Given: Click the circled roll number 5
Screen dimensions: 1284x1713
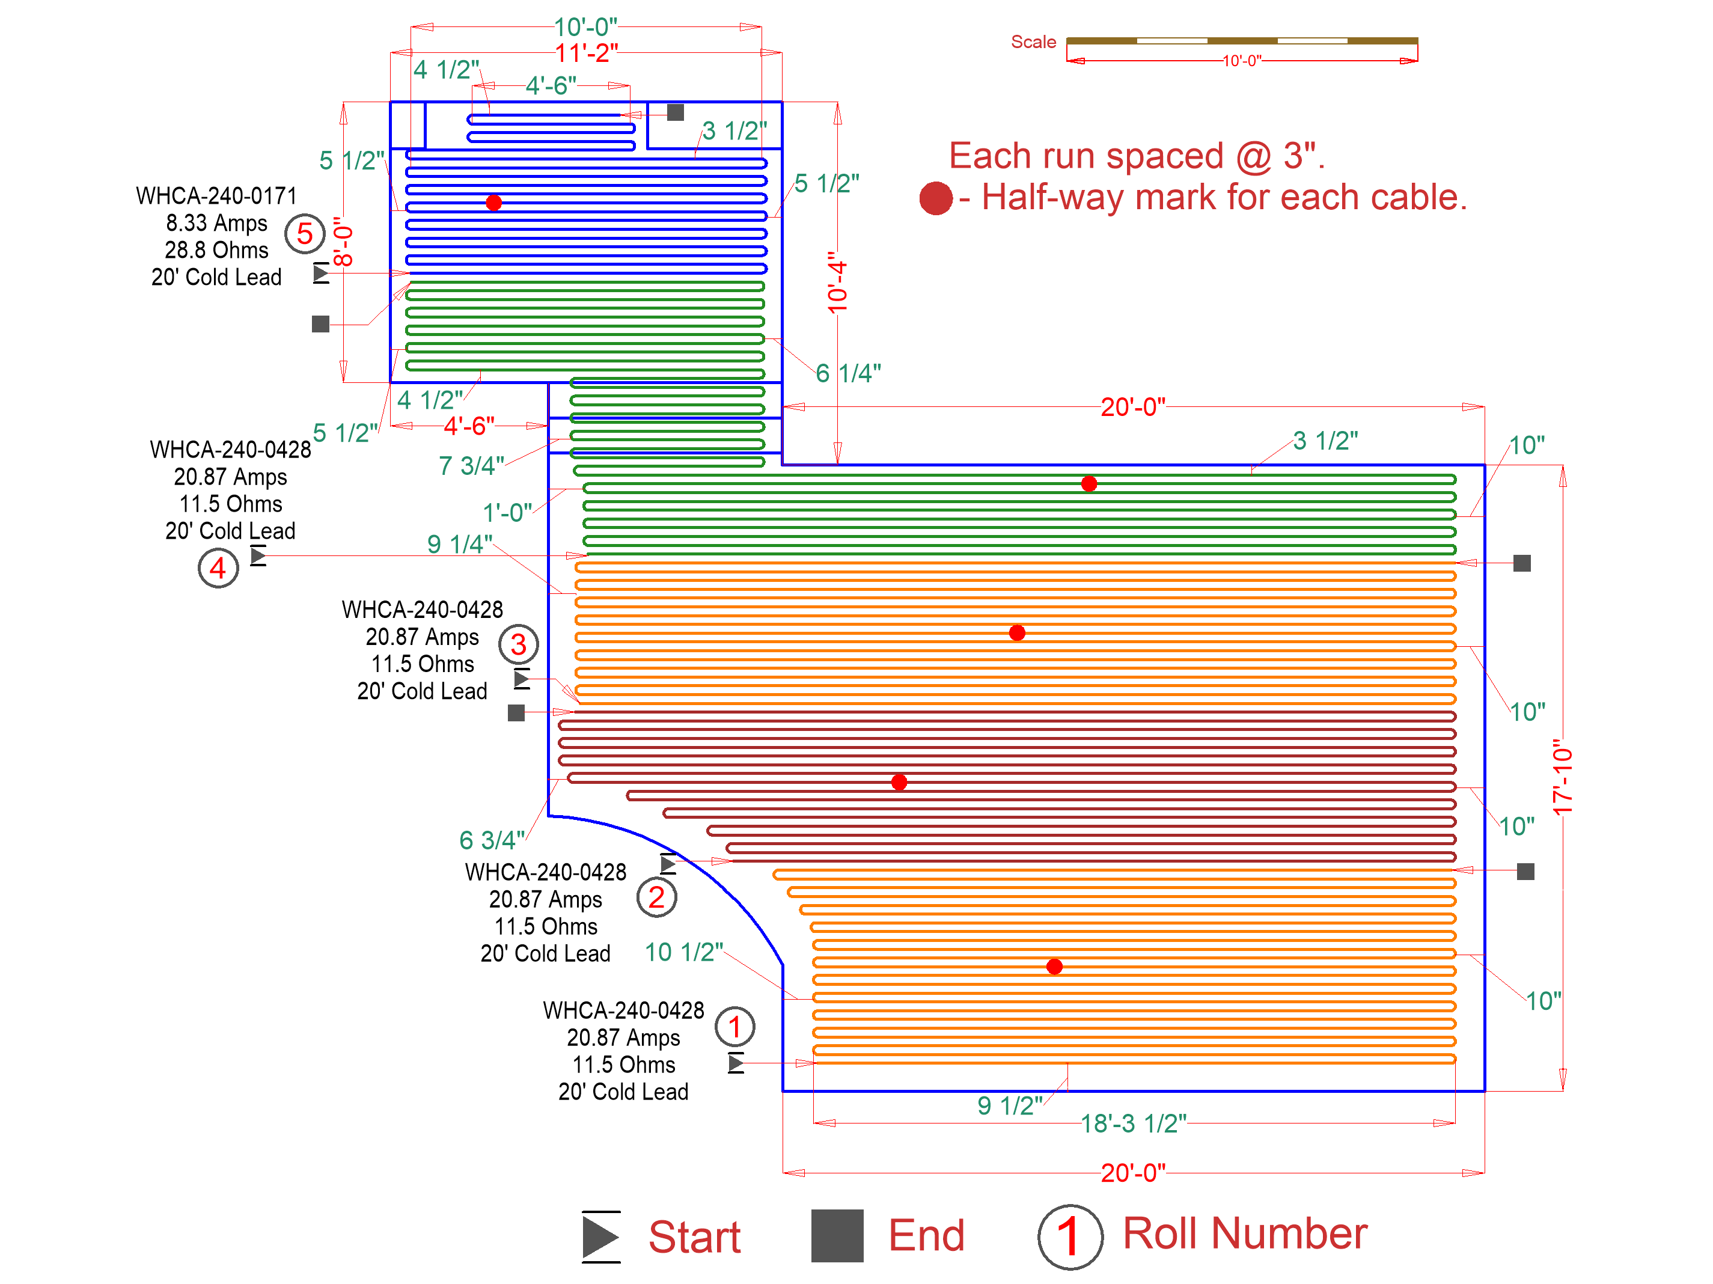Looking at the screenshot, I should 304,234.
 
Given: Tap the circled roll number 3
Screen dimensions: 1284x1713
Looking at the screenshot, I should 518,644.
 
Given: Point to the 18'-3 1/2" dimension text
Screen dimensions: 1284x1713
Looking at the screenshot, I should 1133,1123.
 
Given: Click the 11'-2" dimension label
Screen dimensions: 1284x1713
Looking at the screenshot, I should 586,53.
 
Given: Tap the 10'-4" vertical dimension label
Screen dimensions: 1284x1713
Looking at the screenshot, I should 837,283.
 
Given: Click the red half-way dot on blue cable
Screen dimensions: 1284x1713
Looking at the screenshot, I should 494,203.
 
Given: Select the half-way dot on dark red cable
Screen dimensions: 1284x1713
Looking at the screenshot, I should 899,782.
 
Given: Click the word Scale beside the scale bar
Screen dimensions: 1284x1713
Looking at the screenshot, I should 1033,42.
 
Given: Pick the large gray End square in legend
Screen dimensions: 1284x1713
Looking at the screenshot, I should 837,1235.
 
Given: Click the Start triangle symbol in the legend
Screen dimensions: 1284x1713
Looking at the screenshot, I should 600,1236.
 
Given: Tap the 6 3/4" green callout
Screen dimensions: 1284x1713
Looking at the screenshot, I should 492,840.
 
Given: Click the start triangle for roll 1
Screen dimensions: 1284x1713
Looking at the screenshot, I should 736,1063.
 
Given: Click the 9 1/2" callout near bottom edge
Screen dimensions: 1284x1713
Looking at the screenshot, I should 1009,1105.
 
